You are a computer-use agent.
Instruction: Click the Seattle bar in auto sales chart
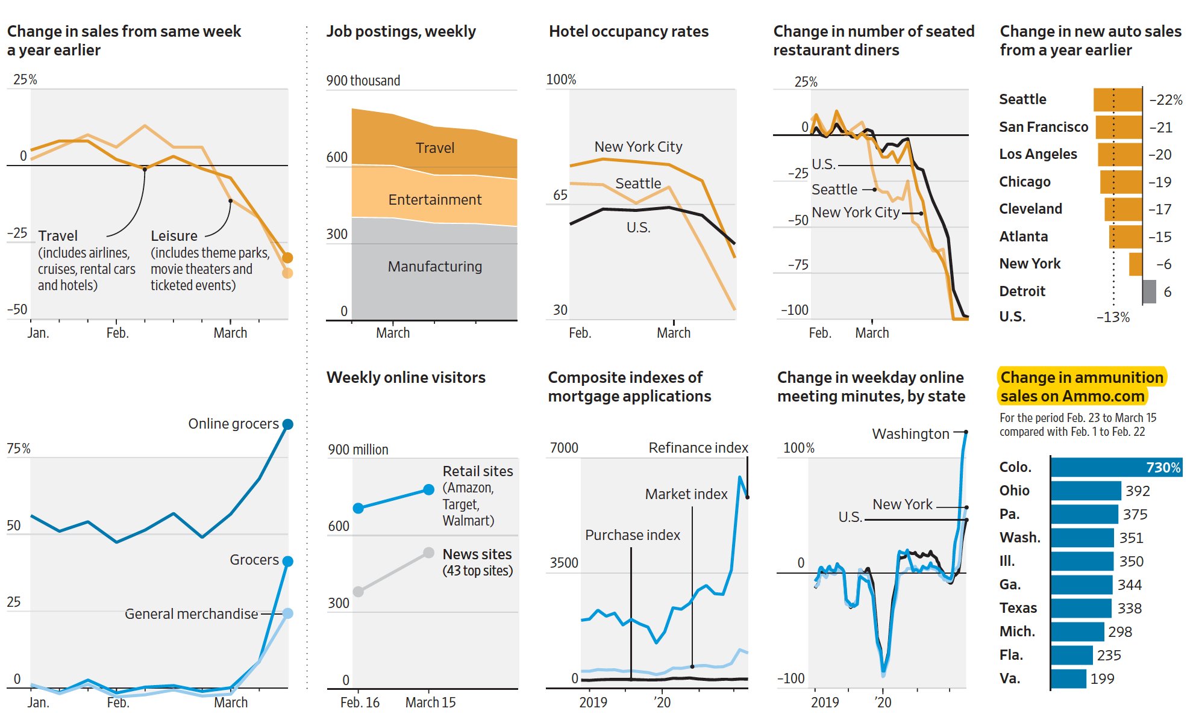point(1118,99)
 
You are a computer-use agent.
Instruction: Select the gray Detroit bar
point(1149,291)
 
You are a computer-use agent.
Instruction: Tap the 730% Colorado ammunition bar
point(1116,467)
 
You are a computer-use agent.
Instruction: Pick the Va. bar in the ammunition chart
point(1068,678)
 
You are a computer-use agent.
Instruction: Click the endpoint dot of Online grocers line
point(288,424)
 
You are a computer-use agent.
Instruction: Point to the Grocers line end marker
point(288,561)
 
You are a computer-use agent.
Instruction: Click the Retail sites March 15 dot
point(428,490)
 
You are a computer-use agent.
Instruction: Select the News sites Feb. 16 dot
point(358,592)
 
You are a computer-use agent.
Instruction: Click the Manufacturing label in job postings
point(434,266)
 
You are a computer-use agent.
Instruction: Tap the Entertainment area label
point(434,199)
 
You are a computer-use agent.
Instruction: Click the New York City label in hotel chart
point(638,146)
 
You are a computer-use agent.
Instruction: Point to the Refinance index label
point(698,447)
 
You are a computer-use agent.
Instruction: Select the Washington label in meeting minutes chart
point(910,433)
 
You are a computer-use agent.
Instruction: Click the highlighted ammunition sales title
point(1082,386)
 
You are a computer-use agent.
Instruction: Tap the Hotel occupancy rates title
point(628,31)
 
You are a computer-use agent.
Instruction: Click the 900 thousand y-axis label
point(363,81)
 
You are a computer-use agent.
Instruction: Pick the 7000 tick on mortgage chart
point(563,447)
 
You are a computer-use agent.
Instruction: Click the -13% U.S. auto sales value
point(1112,317)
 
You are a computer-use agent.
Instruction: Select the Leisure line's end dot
point(287,273)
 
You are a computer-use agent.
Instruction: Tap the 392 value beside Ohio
point(1137,491)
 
